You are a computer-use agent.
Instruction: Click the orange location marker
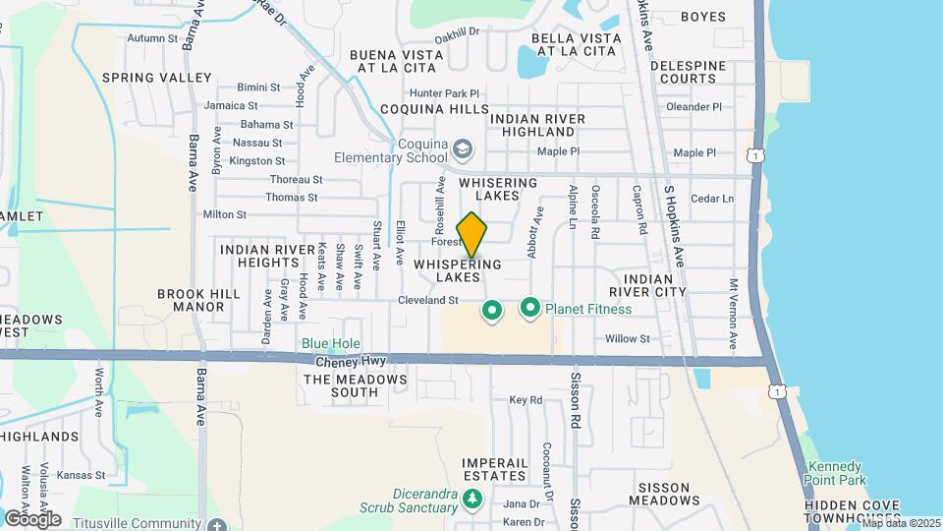tap(471, 234)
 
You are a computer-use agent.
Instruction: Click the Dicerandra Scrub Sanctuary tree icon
tap(472, 499)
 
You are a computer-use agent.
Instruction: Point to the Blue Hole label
tap(324, 343)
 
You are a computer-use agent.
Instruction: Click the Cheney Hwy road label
tap(336, 362)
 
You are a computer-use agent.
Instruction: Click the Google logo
tap(32, 518)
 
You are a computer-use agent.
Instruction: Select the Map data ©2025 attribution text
tap(901, 523)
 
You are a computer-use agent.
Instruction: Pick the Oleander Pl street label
tap(693, 106)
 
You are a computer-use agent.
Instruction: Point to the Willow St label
tap(628, 338)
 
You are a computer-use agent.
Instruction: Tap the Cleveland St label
tap(421, 300)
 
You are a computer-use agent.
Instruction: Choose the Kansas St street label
tap(81, 475)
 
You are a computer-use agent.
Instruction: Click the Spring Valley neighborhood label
tap(157, 77)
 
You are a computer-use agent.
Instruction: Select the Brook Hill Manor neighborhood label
tap(193, 300)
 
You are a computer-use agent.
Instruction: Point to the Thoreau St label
tap(296, 179)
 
